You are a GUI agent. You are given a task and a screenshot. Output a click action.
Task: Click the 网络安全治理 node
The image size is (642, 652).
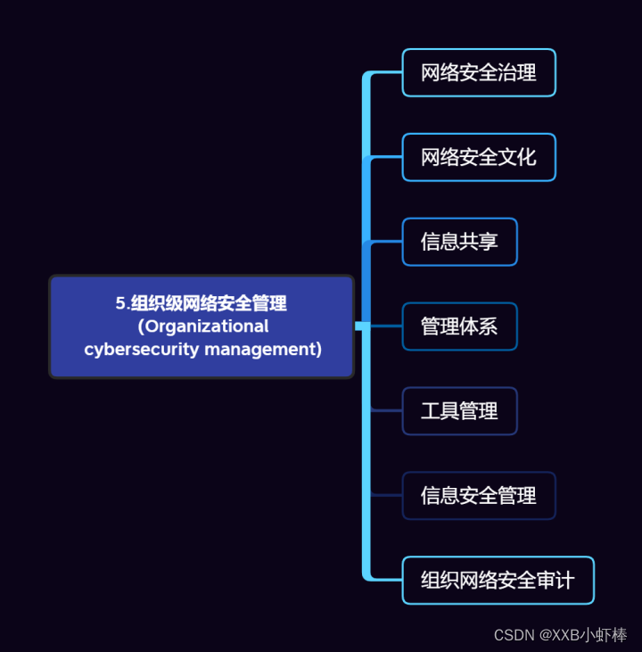click(479, 72)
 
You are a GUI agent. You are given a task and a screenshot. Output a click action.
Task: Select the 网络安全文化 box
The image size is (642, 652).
click(479, 157)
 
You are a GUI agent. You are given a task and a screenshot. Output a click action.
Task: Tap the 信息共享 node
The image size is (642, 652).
click(459, 242)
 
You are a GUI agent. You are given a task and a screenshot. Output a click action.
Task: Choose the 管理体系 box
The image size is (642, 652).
click(459, 326)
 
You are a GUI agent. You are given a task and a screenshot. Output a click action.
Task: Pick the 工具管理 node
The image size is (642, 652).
click(459, 411)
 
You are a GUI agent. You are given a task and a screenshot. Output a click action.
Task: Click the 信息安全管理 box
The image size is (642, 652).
click(479, 496)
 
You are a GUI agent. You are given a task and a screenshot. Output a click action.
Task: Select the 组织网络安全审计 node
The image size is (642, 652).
click(498, 581)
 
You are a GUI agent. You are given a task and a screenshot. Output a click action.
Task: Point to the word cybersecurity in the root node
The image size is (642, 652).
click(142, 349)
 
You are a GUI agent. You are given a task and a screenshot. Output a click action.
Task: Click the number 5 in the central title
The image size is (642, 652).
click(119, 303)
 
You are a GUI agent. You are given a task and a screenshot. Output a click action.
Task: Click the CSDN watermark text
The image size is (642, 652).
click(514, 635)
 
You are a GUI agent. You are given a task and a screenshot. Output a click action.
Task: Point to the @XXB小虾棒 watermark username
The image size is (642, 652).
click(583, 635)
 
